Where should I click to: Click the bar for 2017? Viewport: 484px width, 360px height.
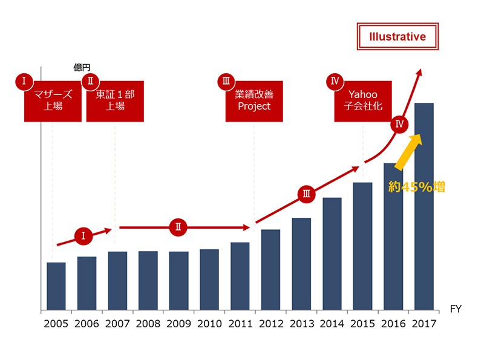423,207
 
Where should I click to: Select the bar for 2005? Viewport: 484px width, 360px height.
56,287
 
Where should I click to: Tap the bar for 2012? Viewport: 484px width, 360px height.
270,270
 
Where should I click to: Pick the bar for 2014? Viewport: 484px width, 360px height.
332,254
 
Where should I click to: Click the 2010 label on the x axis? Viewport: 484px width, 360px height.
209,324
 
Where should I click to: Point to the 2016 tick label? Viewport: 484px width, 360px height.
393,324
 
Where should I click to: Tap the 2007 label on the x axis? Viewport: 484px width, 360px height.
117,324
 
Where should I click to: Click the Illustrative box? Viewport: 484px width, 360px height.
397,37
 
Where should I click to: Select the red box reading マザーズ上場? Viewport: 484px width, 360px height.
53,100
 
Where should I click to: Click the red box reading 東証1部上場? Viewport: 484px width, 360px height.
116,100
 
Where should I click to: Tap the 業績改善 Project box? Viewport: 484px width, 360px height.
254,100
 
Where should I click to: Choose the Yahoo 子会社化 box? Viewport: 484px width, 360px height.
363,100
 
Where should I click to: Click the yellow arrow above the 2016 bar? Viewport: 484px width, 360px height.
408,151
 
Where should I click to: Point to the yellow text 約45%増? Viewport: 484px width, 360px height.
417,187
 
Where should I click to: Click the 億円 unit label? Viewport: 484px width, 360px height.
82,68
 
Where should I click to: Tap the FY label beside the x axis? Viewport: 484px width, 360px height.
456,309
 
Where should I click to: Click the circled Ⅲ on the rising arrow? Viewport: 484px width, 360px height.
306,194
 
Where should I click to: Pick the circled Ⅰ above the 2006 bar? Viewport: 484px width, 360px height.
83,236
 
